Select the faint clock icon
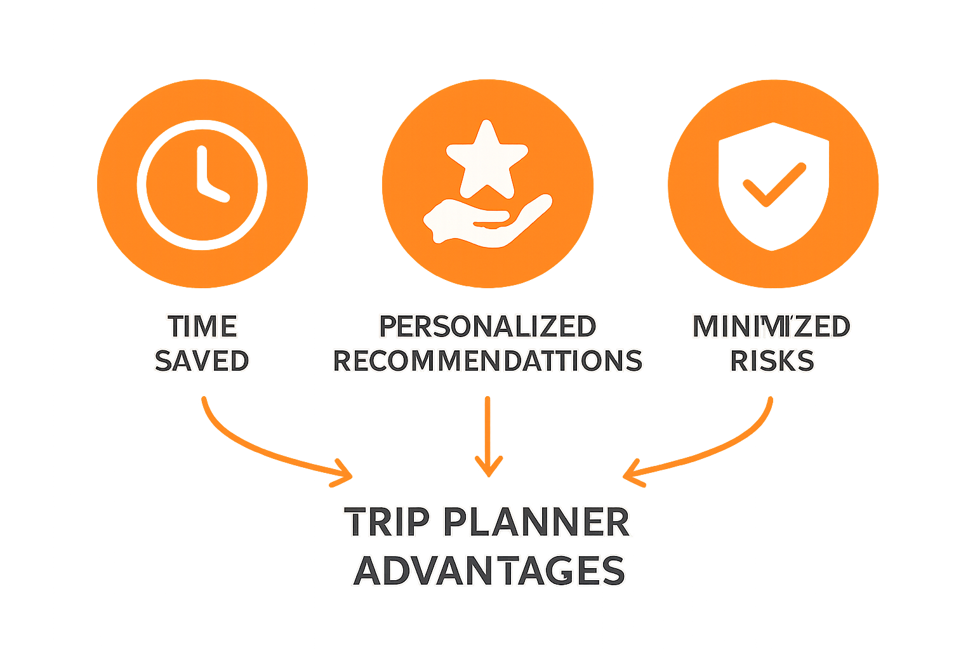(202, 184)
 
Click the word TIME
(202, 327)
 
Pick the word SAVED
(202, 361)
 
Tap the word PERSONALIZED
(487, 327)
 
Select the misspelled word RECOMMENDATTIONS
(487, 361)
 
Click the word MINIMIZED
(771, 327)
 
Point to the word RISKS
(772, 361)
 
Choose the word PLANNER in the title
(536, 522)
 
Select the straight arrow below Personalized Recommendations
(487, 438)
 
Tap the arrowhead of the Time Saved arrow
(343, 475)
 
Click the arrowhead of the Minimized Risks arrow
(631, 475)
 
